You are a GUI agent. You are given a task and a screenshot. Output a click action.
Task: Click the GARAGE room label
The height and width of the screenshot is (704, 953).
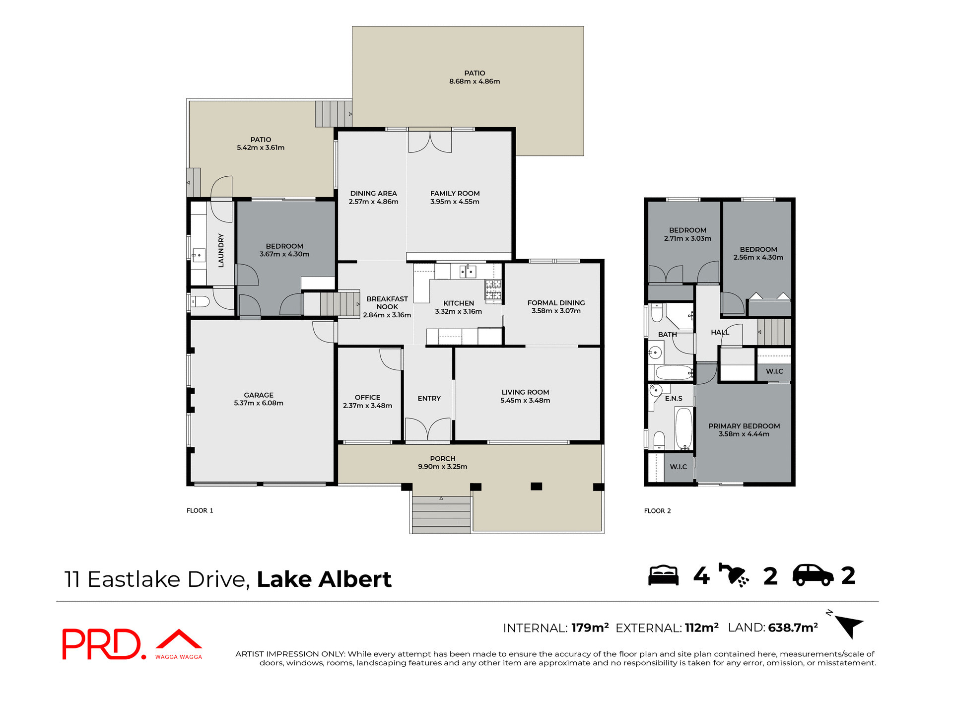click(259, 395)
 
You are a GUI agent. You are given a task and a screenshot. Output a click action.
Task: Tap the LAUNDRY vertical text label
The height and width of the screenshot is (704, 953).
click(221, 251)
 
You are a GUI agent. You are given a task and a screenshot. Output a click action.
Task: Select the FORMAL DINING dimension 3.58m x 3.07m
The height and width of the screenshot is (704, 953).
click(556, 311)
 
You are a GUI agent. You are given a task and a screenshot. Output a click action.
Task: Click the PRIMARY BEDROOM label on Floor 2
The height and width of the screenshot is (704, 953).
click(744, 426)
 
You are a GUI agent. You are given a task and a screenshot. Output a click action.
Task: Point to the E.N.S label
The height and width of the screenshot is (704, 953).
click(674, 398)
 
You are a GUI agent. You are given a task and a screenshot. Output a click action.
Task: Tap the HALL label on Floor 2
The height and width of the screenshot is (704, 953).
click(720, 332)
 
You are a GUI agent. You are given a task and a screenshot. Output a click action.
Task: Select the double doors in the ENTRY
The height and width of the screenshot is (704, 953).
click(427, 429)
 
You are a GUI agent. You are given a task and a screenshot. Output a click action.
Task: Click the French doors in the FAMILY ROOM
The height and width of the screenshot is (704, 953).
click(430, 142)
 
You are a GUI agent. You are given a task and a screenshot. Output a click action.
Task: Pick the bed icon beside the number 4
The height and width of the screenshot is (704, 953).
click(663, 575)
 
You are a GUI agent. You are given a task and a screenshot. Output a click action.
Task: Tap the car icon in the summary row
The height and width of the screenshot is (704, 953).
click(813, 575)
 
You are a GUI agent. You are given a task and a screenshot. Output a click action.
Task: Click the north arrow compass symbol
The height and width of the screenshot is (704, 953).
click(848, 625)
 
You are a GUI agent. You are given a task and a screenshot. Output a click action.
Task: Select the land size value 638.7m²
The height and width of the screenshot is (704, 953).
click(793, 628)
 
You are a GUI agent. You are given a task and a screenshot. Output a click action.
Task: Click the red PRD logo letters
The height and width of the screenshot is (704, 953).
click(102, 644)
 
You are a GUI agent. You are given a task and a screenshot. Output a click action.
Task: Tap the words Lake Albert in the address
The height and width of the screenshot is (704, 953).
click(324, 579)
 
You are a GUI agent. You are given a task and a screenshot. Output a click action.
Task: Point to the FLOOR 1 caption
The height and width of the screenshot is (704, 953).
click(200, 510)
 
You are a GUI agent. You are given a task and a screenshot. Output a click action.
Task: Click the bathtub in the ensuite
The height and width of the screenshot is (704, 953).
click(683, 428)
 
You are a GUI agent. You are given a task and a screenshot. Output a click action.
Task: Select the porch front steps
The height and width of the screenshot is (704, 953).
click(441, 514)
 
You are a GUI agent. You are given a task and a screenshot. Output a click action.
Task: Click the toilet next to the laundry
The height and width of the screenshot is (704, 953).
click(201, 301)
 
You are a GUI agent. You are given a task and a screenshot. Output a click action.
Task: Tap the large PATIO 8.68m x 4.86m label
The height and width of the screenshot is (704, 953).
click(475, 77)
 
